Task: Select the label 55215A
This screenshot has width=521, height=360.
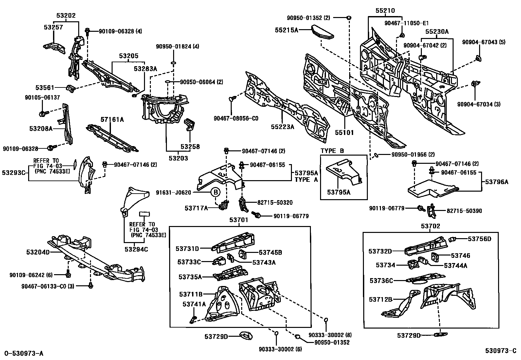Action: (x=286, y=30)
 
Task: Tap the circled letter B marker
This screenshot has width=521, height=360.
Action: (x=216, y=193)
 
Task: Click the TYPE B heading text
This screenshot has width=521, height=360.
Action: (x=332, y=151)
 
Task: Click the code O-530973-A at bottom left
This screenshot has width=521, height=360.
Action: (x=24, y=353)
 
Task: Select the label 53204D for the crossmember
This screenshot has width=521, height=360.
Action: (x=38, y=252)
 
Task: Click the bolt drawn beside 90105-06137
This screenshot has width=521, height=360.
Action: (x=43, y=113)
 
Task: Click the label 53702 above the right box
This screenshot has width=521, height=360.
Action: (x=430, y=226)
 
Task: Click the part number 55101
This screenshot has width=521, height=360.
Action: (x=344, y=133)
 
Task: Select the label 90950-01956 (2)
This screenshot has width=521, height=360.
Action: (x=408, y=155)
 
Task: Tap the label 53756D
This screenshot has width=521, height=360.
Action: (x=479, y=239)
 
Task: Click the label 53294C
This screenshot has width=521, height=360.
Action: (x=136, y=249)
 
